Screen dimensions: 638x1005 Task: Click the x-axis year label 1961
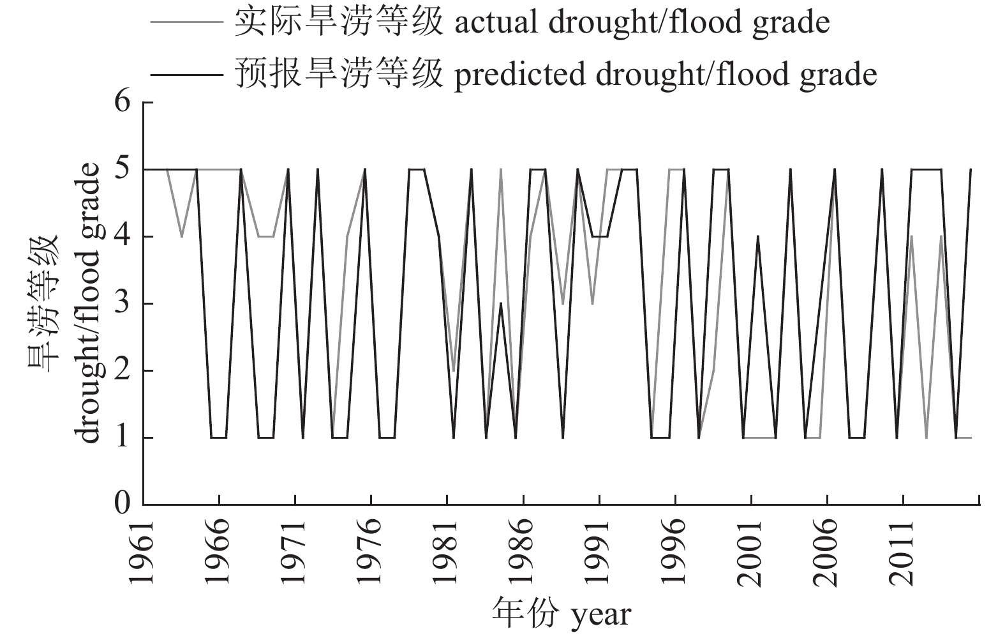142,553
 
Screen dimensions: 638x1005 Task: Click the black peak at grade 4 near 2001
757,237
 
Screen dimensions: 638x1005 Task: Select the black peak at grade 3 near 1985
502,304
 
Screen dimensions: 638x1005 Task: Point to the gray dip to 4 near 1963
182,237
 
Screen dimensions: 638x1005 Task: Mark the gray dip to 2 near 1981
454,370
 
